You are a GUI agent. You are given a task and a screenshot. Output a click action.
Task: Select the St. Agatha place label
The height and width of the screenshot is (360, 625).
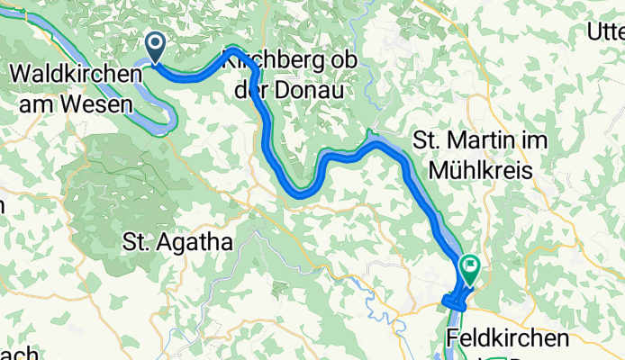(177, 241)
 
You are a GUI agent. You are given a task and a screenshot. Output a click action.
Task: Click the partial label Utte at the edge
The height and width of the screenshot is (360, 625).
(604, 33)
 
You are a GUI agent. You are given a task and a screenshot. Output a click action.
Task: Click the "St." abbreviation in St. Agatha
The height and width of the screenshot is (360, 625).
(134, 241)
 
